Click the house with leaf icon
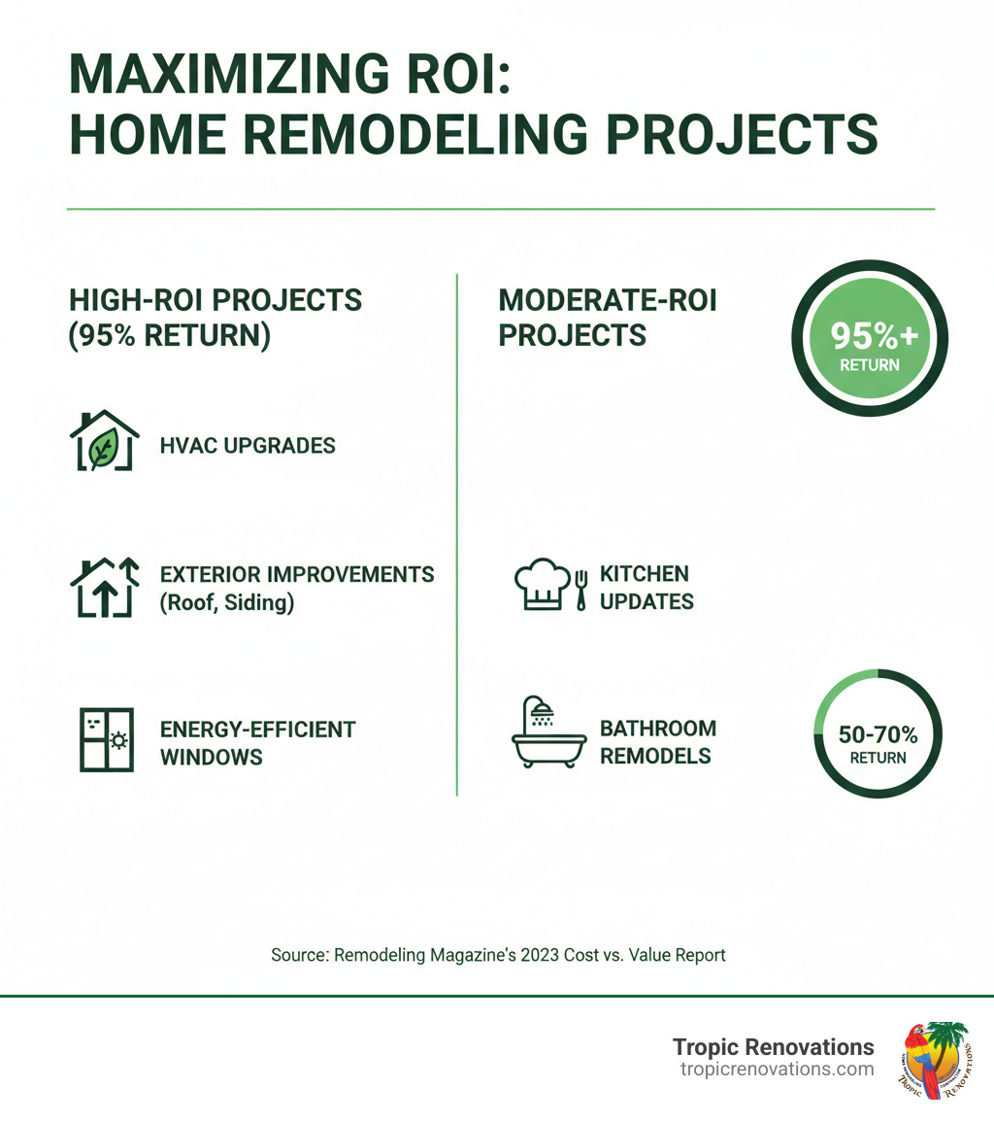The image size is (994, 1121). (x=104, y=443)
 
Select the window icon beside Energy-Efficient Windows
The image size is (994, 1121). (x=105, y=740)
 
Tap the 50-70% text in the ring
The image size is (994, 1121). (x=877, y=733)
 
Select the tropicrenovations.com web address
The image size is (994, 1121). (x=776, y=1070)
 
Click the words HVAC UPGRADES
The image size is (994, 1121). (x=248, y=446)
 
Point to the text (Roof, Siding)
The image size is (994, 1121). (x=226, y=602)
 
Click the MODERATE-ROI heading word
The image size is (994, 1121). (x=607, y=300)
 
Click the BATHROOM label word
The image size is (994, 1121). (x=657, y=729)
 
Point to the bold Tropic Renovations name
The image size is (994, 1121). (x=773, y=1046)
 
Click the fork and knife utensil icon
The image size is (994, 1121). (x=582, y=590)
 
